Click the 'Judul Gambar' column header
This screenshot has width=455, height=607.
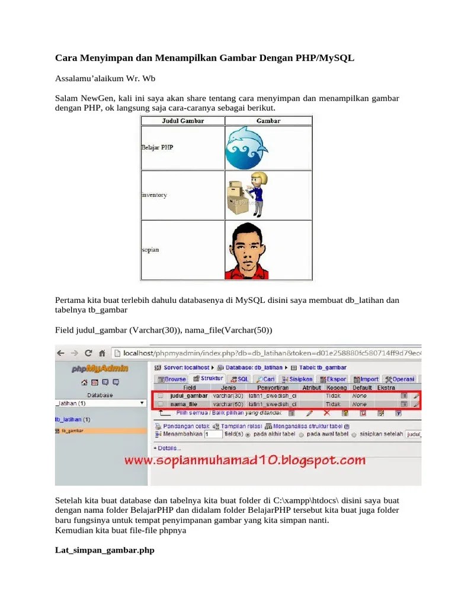pos(182,120)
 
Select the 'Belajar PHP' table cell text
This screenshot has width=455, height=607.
pos(158,146)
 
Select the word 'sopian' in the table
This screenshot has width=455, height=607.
pos(150,250)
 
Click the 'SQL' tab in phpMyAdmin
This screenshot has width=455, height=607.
pos(240,379)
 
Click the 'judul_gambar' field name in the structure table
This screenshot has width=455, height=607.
pos(188,395)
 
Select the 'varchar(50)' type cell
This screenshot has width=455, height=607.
pos(228,404)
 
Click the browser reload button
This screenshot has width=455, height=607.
pos(88,353)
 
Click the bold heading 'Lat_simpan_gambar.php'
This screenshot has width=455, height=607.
pos(104,550)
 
